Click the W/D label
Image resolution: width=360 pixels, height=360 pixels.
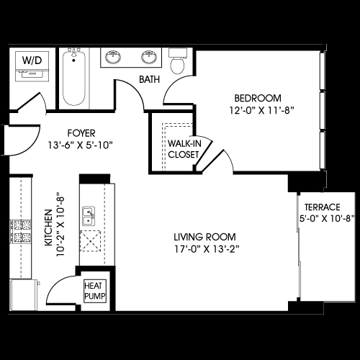click(x=32, y=60)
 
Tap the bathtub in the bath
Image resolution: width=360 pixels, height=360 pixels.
click(x=74, y=77)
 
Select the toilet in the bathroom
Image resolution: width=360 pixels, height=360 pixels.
click(x=178, y=61)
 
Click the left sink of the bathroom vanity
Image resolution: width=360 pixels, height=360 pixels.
click(x=113, y=57)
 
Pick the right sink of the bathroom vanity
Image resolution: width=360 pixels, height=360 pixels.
click(x=149, y=57)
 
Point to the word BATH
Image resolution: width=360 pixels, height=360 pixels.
click(x=149, y=79)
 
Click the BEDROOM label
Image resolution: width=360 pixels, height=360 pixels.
click(x=258, y=99)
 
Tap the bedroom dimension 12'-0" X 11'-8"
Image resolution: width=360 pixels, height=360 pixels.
click(x=262, y=111)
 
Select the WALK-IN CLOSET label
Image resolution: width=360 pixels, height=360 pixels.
click(x=184, y=149)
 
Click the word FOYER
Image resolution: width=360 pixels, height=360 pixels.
click(x=81, y=133)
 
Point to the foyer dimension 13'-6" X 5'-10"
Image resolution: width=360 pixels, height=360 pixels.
click(x=81, y=145)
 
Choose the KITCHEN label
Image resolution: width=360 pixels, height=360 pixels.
click(x=49, y=228)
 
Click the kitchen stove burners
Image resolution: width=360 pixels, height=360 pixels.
click(x=21, y=232)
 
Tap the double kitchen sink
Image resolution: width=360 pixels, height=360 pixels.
click(x=89, y=216)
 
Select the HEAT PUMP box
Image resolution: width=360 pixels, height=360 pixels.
click(x=95, y=291)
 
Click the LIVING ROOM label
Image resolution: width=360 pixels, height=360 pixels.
click(x=204, y=237)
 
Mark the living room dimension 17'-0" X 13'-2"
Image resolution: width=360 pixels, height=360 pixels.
click(x=207, y=249)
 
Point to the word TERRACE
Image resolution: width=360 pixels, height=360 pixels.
click(x=323, y=207)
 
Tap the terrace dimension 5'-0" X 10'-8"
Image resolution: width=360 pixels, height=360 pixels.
click(x=327, y=219)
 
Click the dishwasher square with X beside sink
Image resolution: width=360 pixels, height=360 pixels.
click(x=90, y=241)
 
